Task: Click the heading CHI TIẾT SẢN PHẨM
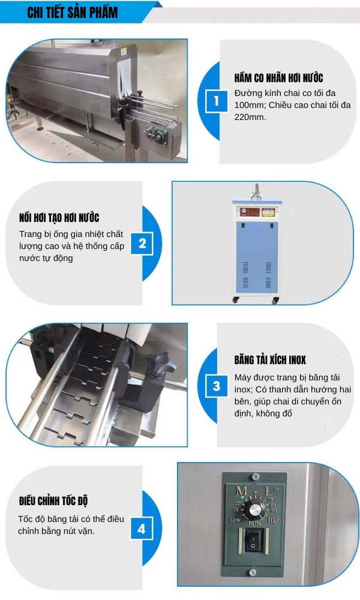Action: (73, 13)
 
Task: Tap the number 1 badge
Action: (216, 101)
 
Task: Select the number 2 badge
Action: (142, 244)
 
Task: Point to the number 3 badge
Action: (217, 385)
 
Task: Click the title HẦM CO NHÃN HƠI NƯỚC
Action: (278, 78)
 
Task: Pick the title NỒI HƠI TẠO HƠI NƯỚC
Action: (59, 218)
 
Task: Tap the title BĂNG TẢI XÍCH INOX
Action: (270, 359)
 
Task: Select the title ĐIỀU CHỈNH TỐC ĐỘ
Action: (53, 500)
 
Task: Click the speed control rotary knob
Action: (254, 510)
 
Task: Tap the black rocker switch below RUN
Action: (253, 541)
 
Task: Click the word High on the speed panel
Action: (274, 520)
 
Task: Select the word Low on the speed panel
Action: (235, 520)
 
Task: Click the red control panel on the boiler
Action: (257, 212)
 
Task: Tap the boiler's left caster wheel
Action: (236, 301)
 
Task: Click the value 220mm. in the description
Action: (250, 117)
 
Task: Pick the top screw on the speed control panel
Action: (255, 476)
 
